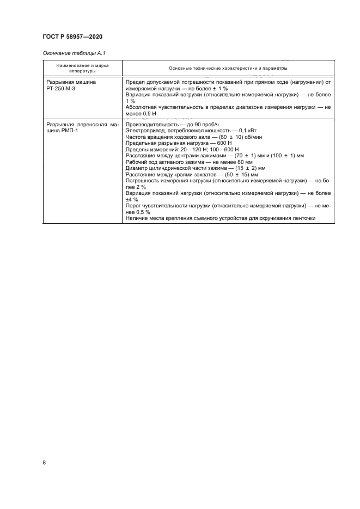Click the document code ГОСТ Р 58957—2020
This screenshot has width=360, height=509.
click(x=72, y=36)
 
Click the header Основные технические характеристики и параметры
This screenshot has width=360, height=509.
click(x=228, y=68)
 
